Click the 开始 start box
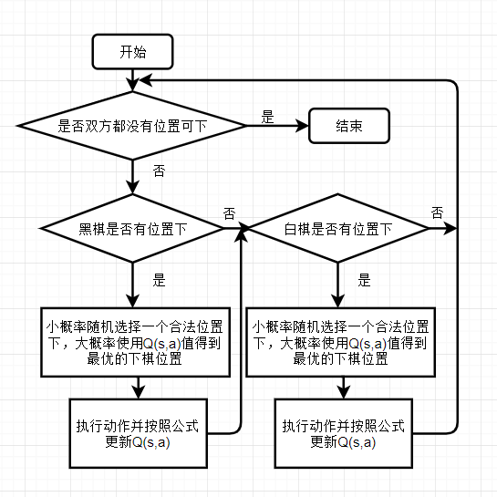pos(132,52)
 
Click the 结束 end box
pos(349,126)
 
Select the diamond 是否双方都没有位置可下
pos(132,126)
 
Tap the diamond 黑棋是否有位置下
pos(132,228)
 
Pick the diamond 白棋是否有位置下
pos(338,228)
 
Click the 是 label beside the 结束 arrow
pos(267,117)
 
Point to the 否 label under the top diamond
pos(159,171)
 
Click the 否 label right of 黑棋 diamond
pos(230,213)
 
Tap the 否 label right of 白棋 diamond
pos(437,212)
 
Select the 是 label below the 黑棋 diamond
pos(159,280)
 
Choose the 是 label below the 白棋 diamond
pos(364,280)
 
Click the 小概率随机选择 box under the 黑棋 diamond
pos(135,342)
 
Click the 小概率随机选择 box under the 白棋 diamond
pos(341,342)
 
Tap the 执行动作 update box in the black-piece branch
pos(139,433)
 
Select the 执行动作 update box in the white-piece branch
pos(344,433)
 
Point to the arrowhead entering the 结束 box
pos(302,126)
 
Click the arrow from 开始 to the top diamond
pos(132,80)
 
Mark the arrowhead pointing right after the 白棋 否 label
pos(450,228)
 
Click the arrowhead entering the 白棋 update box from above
pos(344,392)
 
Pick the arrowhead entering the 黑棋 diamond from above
pos(132,187)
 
